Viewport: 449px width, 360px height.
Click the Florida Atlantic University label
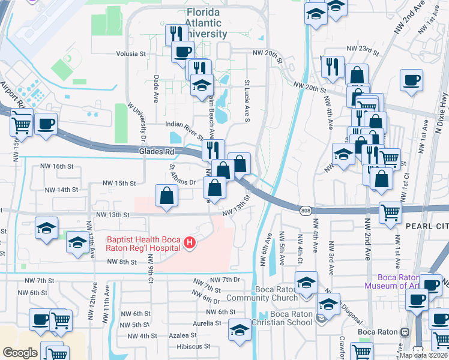(x=202, y=23)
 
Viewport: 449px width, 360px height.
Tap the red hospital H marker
(x=190, y=243)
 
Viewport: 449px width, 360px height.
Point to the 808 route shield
(x=306, y=210)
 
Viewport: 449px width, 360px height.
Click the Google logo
(x=19, y=352)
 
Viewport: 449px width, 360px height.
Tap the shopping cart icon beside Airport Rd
(x=22, y=125)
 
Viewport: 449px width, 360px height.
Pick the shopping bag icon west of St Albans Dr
(x=167, y=196)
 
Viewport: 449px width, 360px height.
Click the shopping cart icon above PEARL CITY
(x=390, y=212)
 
